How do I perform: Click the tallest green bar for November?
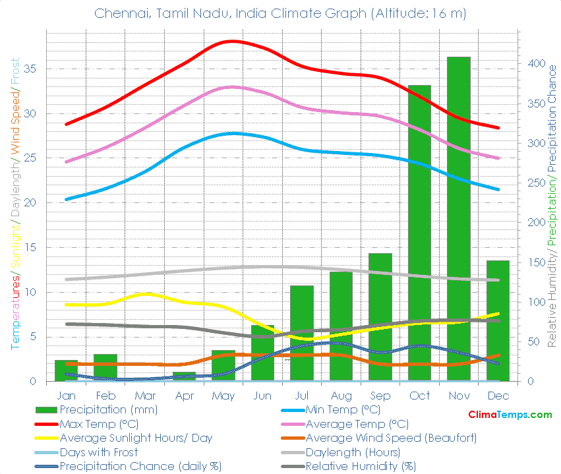459,218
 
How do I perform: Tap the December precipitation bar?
498,320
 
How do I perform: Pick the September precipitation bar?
380,316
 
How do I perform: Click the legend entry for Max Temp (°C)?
99,424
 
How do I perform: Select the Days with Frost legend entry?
99,452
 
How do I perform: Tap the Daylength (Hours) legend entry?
352,452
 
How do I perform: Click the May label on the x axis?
223,396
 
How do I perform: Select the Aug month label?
341,396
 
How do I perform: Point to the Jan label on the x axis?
66,396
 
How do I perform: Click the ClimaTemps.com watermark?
510,415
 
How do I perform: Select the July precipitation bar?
301,333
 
